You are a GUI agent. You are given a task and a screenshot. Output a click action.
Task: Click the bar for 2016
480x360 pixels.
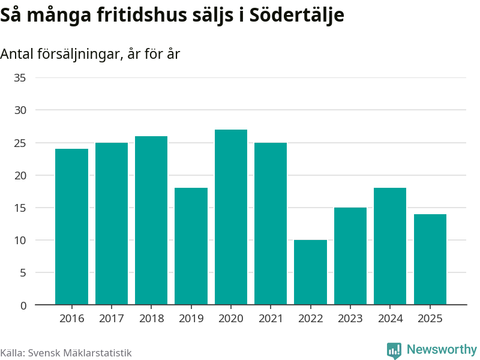pos(71,227)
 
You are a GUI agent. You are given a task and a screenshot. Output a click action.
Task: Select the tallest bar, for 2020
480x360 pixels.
pos(231,217)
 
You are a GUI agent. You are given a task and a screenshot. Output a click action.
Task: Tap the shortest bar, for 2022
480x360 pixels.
pos(310,272)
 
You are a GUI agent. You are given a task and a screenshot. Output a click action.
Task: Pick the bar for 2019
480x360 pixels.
pos(191,246)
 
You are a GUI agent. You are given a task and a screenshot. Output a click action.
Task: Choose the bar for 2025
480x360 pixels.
pos(430,259)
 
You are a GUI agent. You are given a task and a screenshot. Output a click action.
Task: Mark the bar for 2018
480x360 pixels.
pos(151,220)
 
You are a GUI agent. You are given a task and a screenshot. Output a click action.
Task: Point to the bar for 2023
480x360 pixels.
pos(350,256)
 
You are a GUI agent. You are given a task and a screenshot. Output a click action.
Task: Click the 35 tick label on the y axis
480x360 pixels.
pos(20,78)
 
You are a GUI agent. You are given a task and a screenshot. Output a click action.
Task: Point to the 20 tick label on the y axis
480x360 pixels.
pos(20,175)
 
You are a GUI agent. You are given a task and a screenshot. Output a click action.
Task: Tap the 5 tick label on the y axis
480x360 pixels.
pos(23,272)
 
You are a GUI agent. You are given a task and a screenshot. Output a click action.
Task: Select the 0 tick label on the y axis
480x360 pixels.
pos(23,305)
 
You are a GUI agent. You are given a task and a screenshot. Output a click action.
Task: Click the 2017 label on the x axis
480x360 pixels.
pos(112,319)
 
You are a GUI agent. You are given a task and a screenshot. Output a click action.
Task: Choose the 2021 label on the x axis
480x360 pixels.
pos(271,319)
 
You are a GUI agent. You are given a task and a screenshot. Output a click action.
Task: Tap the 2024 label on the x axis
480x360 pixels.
pos(390,319)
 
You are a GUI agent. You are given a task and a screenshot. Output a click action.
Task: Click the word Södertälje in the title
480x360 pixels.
pos(296,14)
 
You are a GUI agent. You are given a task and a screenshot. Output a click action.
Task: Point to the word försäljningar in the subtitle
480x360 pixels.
pos(79,54)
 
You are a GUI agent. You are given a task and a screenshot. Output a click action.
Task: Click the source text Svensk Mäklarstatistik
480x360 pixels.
pos(80,353)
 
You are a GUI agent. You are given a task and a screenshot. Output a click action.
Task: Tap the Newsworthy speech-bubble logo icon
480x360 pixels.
pos(394,350)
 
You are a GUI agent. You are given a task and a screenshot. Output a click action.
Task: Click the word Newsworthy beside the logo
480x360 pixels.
pos(442,349)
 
